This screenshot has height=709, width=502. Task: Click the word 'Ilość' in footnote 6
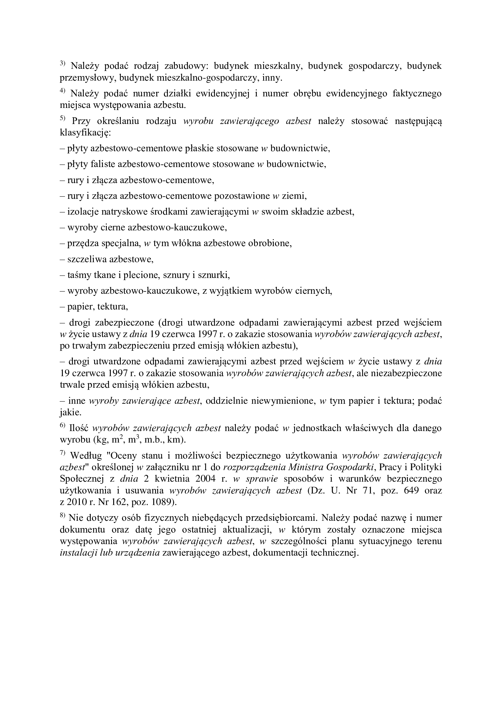[80, 428]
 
